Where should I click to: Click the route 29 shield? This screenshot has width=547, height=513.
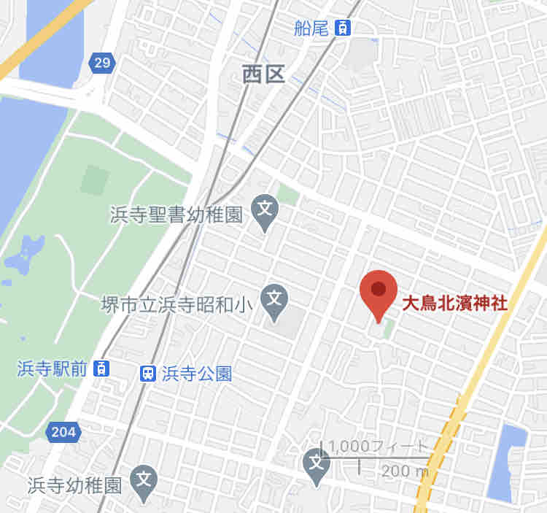[102, 63]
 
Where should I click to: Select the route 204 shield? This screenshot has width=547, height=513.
[63, 432]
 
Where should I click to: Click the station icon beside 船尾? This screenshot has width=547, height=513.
[343, 28]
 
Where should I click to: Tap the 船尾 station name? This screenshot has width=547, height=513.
[312, 28]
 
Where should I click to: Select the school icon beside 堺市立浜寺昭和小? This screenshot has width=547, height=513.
[274, 298]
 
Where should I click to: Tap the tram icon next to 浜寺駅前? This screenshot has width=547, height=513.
[102, 368]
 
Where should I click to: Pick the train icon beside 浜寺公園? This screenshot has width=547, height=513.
[147, 374]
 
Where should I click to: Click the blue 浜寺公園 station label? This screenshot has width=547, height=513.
[197, 374]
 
